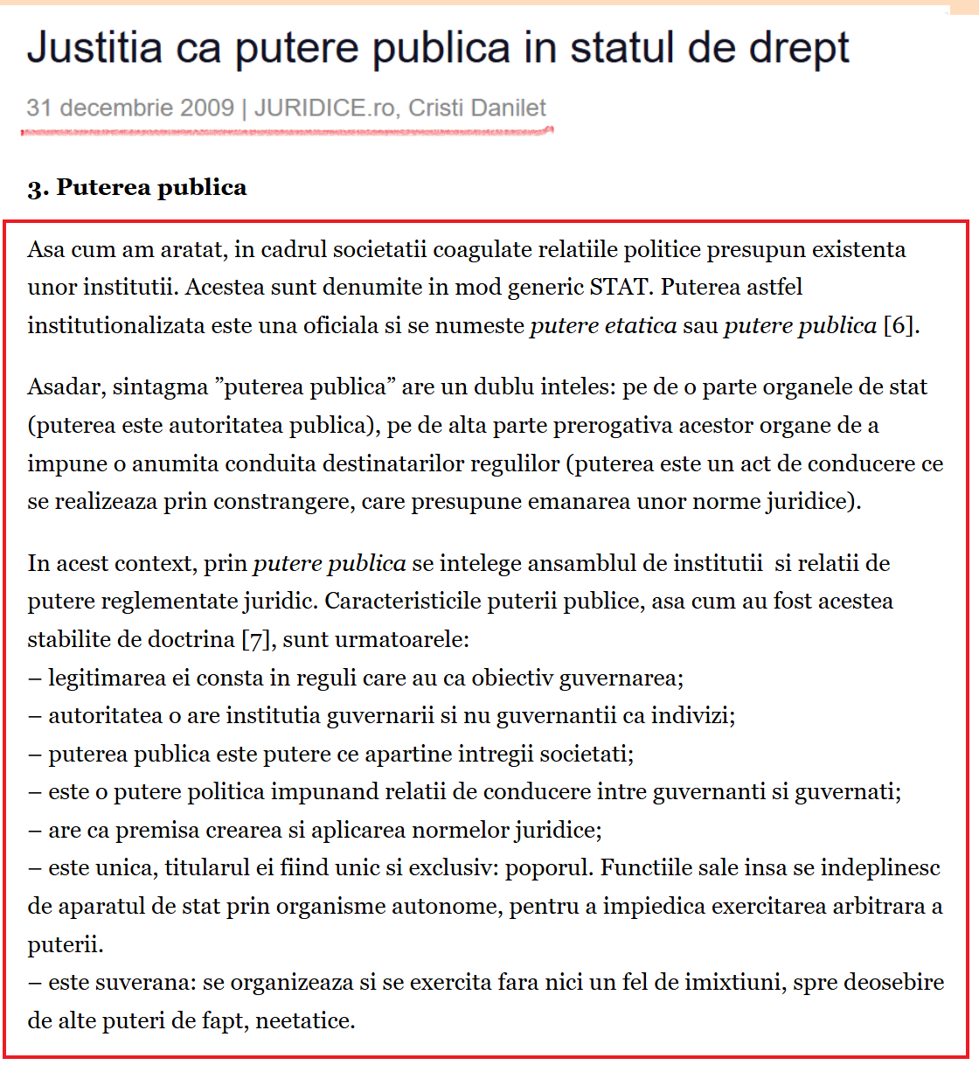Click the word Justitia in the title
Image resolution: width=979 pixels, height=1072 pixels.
click(x=94, y=47)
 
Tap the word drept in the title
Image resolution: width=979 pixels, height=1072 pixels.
click(x=801, y=49)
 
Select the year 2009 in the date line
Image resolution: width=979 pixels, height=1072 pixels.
click(x=206, y=108)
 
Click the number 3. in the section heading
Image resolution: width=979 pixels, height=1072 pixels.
click(x=38, y=188)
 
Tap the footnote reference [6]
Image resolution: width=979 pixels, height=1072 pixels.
click(x=900, y=325)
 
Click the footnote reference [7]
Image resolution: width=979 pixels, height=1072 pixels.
click(x=256, y=639)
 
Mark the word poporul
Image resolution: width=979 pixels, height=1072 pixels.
click(x=550, y=868)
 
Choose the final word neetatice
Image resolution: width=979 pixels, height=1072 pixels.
click(x=305, y=1020)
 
